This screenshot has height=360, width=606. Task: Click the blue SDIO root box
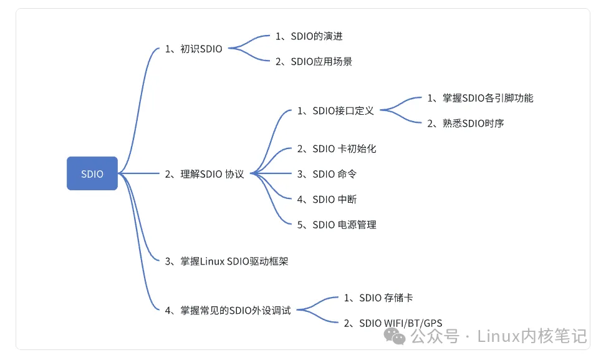click(92, 173)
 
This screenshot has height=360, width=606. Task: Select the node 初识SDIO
click(193, 49)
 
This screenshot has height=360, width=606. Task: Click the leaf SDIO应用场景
click(314, 62)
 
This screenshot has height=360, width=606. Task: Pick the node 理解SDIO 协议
click(204, 174)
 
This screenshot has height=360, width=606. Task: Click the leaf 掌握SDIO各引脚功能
click(480, 98)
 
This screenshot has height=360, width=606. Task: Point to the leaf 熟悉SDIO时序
click(466, 124)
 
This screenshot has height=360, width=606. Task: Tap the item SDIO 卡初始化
click(337, 148)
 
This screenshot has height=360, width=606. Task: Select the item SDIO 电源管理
click(337, 225)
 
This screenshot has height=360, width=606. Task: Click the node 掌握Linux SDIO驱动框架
click(226, 262)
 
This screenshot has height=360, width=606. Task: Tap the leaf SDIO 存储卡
click(378, 298)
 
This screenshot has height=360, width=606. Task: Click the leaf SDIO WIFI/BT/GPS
click(393, 323)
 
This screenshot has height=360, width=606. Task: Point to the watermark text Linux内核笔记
click(532, 337)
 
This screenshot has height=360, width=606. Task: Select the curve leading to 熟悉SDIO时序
click(404, 119)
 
